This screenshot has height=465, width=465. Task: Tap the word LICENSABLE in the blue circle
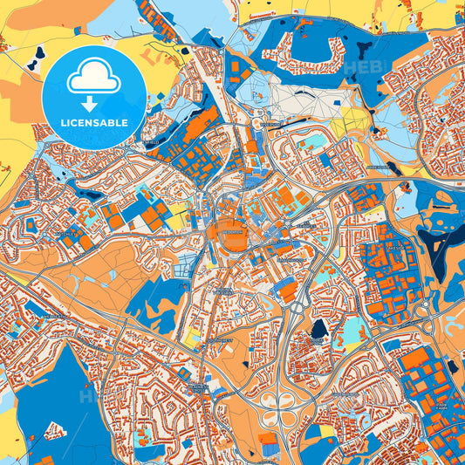click(x=94, y=123)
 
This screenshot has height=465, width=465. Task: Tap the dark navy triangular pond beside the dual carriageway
click(x=318, y=329)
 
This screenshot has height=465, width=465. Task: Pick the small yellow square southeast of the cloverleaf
click(x=326, y=430)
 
